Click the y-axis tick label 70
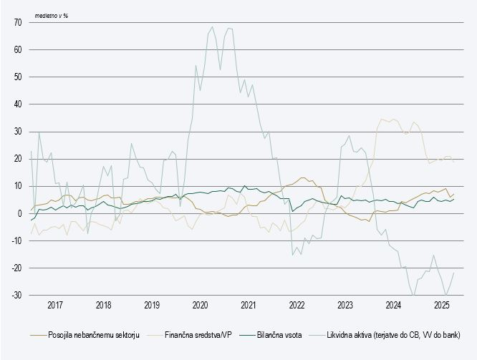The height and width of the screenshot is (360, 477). (x=16, y=23)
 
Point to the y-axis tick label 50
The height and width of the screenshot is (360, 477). (x=16, y=77)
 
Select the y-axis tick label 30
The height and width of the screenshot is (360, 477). (x=16, y=132)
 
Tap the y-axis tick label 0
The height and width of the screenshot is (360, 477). (x=19, y=213)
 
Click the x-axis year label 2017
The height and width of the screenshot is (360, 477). (x=54, y=306)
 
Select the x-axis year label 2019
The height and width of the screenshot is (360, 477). (x=152, y=306)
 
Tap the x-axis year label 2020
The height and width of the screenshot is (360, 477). (x=200, y=306)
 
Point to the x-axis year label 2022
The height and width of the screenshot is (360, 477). (x=297, y=306)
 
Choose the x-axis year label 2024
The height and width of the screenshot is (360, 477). (x=394, y=306)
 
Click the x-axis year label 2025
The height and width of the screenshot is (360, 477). (x=442, y=306)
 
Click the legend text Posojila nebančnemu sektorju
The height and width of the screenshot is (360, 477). (x=93, y=334)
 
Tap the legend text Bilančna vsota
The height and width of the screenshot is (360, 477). (x=278, y=334)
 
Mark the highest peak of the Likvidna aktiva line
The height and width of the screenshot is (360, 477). (x=212, y=27)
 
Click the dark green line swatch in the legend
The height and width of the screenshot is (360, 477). (x=248, y=334)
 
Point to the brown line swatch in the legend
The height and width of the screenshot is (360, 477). (x=38, y=334)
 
